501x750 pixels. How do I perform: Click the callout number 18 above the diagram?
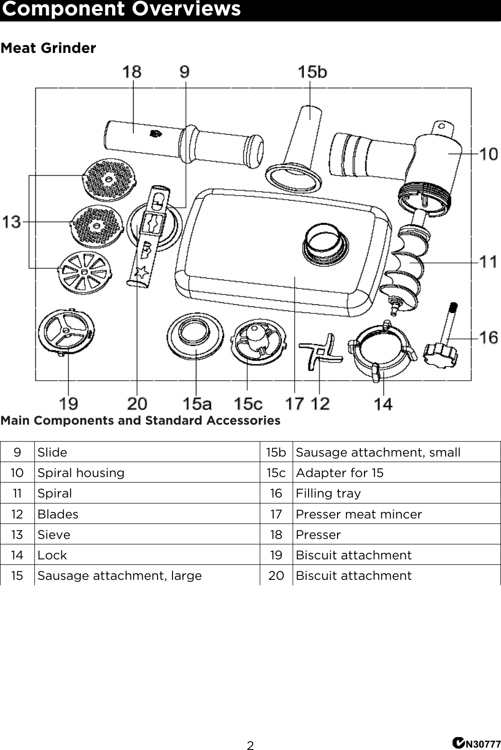pos(132,72)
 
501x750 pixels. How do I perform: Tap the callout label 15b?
pos(312,72)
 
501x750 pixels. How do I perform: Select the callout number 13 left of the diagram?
pos(12,222)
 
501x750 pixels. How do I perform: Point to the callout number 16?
pos(489,338)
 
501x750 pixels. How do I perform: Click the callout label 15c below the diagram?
pos(248,403)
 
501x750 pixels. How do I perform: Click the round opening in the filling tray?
pos(324,241)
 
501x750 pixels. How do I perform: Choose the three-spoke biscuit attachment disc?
pos(66,331)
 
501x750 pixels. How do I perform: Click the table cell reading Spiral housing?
pos(81,473)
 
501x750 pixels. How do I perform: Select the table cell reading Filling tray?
pos(328,493)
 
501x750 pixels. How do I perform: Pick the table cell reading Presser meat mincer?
pos(359,514)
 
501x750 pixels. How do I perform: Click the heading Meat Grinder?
pos(48,48)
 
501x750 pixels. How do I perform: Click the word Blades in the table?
pos(58,514)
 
